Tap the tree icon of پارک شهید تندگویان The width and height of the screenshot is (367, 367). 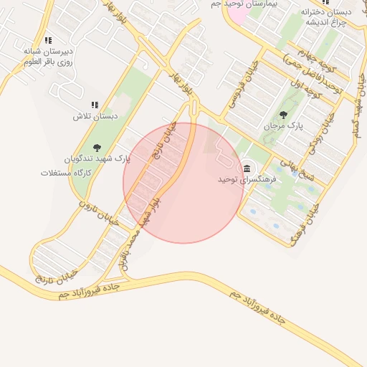pyautogui.click(x=97, y=148)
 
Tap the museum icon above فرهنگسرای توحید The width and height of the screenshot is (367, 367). pyautogui.click(x=247, y=168)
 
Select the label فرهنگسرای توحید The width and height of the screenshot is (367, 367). pyautogui.click(x=242, y=180)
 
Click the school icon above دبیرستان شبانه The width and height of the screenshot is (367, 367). pyautogui.click(x=48, y=41)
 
